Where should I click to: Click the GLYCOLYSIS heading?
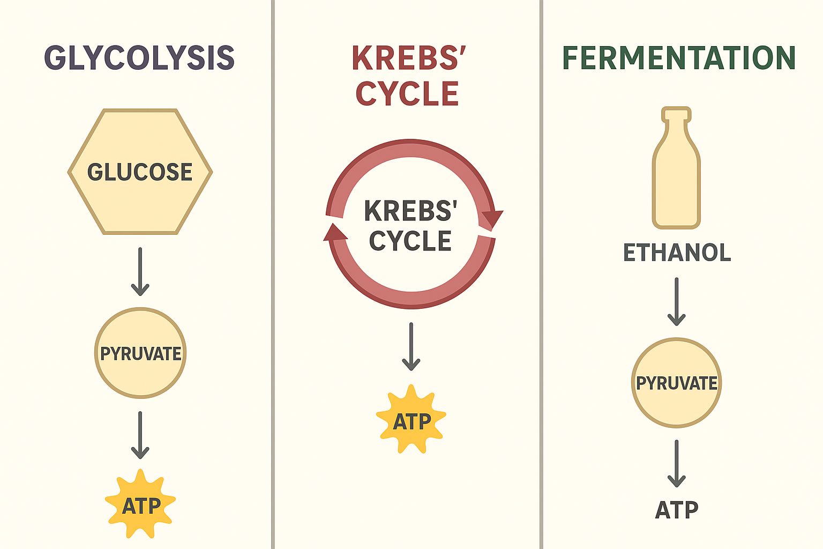click(x=139, y=58)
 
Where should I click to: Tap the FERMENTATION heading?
click(x=679, y=58)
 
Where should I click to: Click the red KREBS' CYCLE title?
click(x=408, y=76)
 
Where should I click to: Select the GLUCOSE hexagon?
click(x=140, y=172)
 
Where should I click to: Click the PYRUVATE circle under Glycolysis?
click(x=140, y=353)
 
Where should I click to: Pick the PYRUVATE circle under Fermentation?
click(x=676, y=383)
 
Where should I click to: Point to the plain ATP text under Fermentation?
click(x=676, y=510)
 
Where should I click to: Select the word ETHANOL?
click(x=677, y=253)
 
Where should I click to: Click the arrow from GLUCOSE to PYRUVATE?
click(x=140, y=272)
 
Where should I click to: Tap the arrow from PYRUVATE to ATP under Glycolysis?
click(x=140, y=435)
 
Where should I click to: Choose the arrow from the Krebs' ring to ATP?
click(x=411, y=347)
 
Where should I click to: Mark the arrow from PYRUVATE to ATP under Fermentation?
click(x=676, y=464)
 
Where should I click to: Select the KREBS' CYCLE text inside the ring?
click(x=410, y=226)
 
